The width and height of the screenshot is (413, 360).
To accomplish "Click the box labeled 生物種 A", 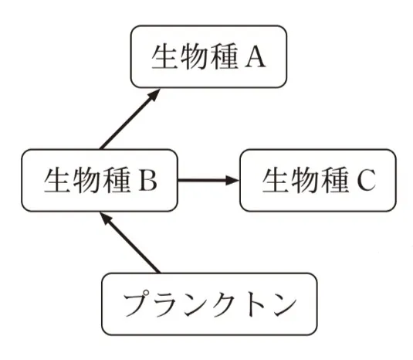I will click(x=208, y=57).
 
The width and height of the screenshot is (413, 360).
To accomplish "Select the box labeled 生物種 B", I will click(x=100, y=181).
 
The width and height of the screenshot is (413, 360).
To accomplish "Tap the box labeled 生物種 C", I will click(x=319, y=181).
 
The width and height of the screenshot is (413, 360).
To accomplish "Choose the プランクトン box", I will click(x=209, y=304).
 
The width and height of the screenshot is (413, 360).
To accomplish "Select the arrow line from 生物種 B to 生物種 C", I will click(x=205, y=181).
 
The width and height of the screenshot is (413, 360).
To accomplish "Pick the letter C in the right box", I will click(x=366, y=182).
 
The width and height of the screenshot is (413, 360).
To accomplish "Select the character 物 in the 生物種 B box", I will click(x=84, y=181).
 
